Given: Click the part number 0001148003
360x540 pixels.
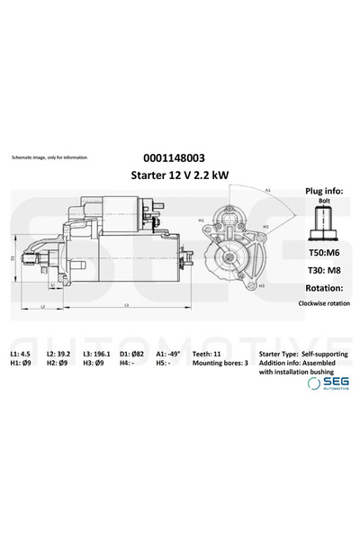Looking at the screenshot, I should pos(179,157).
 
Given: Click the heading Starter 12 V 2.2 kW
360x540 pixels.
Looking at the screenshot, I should pos(179,175).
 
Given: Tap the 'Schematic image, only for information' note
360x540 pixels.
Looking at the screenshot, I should pos(49,157).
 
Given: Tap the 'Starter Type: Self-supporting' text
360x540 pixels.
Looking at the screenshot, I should pos(301,354).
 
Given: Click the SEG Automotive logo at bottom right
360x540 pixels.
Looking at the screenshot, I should pos(328,384).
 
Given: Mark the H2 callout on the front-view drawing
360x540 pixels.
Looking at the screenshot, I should pos(265,227).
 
